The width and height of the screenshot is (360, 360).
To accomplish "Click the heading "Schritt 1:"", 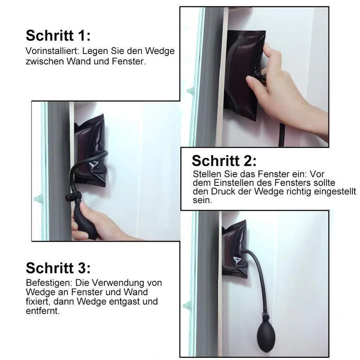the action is [x=58, y=36].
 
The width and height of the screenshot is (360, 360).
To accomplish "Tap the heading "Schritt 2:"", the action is [x=224, y=161].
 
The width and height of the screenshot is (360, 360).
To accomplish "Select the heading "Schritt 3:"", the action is [x=58, y=268].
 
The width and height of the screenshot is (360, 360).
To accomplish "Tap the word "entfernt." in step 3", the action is [x=43, y=311].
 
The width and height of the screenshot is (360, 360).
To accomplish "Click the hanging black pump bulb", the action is [x=266, y=335].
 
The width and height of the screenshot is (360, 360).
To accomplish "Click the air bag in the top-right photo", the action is [x=244, y=75].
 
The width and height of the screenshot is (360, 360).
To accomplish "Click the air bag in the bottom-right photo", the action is [x=234, y=249].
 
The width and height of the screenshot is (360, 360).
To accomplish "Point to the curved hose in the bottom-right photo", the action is [x=260, y=275].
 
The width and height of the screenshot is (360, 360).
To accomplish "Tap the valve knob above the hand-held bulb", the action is [x=74, y=197].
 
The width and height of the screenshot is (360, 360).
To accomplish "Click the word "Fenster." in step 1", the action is [x=129, y=61].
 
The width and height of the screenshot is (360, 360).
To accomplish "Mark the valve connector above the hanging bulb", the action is [x=266, y=316].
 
